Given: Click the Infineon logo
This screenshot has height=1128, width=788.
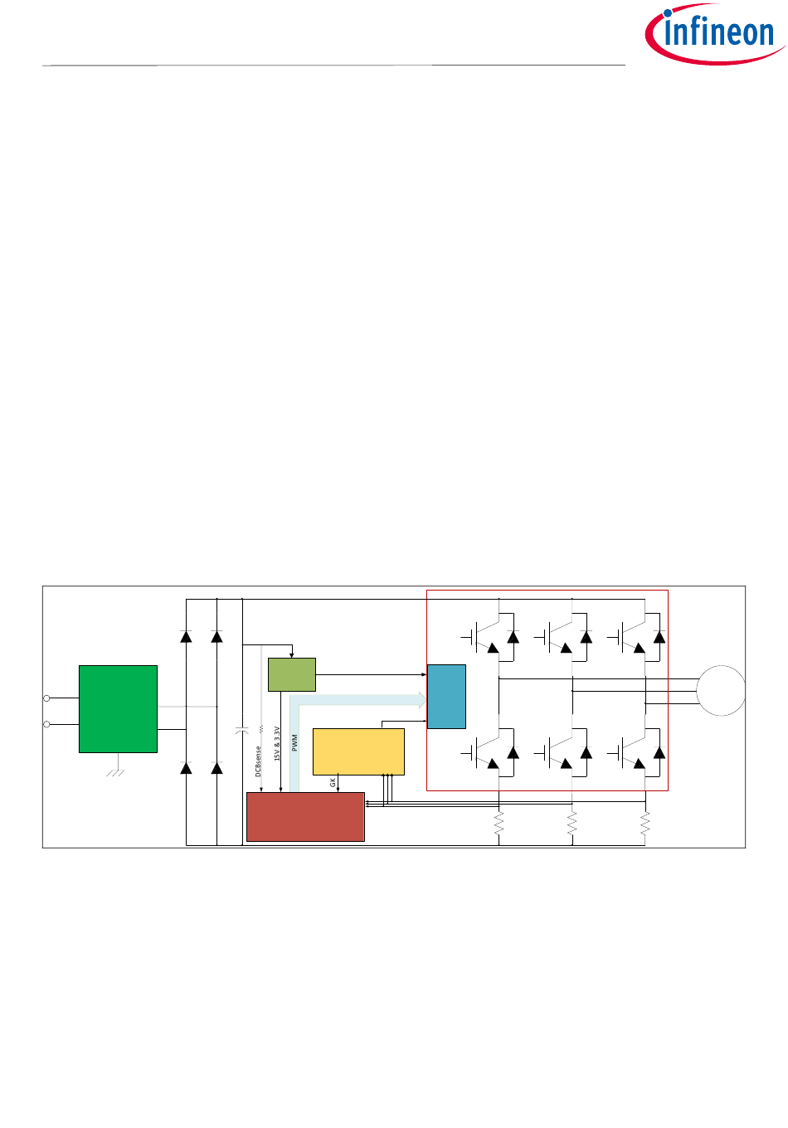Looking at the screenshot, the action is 714,34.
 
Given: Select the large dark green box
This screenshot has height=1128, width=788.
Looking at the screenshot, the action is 118,708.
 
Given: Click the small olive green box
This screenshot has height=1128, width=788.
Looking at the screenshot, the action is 292,674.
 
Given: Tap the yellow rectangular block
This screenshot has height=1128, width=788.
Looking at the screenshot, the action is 358,751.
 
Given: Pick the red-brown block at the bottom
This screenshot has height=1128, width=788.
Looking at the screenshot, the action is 305,817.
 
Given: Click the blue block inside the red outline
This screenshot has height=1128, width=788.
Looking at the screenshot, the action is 446,697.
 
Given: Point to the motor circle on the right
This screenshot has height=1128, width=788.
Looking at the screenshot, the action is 721,690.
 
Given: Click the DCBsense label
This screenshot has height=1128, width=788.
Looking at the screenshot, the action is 259,761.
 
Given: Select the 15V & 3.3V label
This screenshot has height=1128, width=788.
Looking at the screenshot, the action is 278,744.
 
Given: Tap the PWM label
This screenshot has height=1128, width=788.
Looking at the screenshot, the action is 294,742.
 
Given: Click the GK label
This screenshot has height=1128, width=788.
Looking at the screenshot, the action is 333,782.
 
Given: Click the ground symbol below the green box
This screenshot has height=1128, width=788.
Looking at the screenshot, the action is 117,772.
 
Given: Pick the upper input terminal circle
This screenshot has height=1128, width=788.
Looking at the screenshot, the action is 46,698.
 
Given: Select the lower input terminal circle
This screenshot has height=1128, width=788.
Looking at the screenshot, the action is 46,724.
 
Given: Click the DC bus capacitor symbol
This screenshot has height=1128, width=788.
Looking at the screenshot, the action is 241,731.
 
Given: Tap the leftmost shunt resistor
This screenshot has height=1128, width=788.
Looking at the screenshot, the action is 499,824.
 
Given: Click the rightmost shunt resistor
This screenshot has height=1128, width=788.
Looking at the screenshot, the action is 645,824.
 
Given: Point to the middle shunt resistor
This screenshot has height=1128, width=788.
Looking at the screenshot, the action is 572,824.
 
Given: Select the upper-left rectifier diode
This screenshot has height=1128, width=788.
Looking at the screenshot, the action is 186,637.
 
